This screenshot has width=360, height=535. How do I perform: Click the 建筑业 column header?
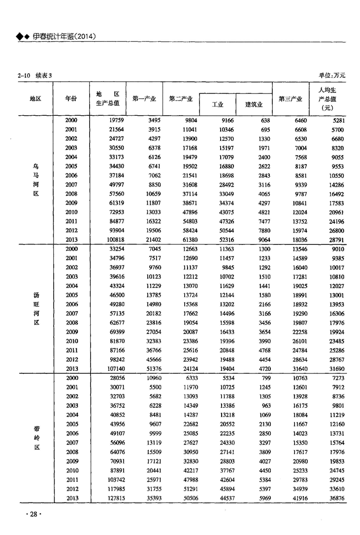[x=254, y=104]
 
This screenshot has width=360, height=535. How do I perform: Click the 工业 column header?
[x=218, y=104]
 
